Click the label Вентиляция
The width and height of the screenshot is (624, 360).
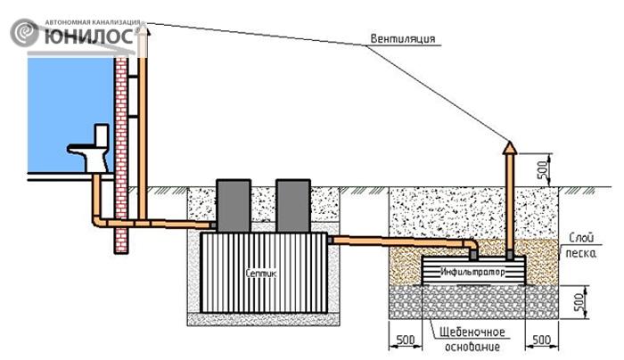(402, 39)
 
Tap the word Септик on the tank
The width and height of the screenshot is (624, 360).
(260, 274)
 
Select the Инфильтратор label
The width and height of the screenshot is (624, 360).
(472, 272)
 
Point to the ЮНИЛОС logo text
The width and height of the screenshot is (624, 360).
(89, 36)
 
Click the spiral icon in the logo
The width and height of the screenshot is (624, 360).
(24, 33)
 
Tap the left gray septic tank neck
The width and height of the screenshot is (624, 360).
(234, 206)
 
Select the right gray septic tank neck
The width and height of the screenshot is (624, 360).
(293, 206)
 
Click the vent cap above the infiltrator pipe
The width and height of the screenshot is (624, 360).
(509, 148)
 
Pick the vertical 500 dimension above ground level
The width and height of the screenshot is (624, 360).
(546, 170)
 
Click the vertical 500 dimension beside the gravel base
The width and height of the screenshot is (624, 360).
(582, 302)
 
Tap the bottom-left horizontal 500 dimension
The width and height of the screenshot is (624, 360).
(405, 341)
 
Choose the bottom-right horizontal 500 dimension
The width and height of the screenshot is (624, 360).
(542, 341)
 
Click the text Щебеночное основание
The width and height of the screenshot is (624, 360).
(472, 339)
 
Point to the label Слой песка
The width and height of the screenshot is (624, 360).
(581, 245)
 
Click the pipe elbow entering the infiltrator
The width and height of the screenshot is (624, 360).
(470, 247)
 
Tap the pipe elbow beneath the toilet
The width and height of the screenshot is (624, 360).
(99, 220)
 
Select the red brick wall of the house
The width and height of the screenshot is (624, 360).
(121, 155)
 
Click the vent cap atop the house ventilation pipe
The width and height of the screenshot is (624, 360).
(143, 32)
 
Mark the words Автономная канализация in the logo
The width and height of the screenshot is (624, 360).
(93, 22)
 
